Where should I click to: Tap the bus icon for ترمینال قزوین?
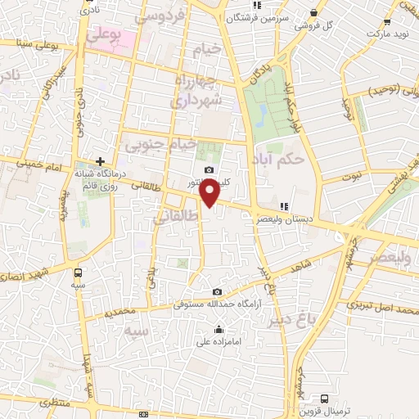click(325, 399)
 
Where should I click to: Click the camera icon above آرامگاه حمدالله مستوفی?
click(217, 291)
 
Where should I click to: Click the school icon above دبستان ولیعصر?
click(284, 206)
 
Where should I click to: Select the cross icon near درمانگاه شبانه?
click(100, 161)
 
